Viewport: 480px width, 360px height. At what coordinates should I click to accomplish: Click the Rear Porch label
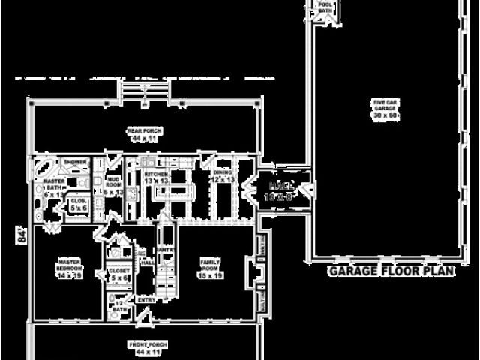(x=144, y=135)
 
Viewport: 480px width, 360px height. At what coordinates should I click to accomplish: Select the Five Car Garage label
(x=386, y=108)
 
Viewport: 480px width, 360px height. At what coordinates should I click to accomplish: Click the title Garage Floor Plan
(x=391, y=271)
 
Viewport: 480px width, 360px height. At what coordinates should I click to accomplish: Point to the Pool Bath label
(x=325, y=7)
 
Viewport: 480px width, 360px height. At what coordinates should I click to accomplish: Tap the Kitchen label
(x=145, y=178)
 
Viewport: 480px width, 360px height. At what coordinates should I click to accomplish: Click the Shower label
(x=75, y=163)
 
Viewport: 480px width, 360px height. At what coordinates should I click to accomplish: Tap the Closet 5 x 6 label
(x=121, y=274)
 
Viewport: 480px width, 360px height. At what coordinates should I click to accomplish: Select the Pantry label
(x=165, y=250)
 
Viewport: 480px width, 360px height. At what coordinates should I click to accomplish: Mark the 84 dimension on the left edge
(x=22, y=235)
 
